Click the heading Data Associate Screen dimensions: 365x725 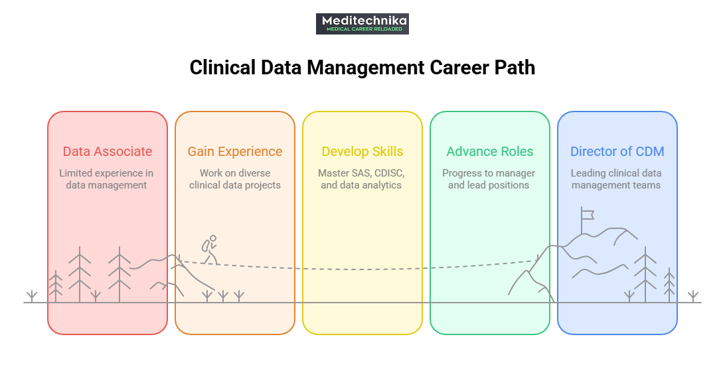108,151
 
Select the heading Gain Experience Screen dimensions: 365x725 235,151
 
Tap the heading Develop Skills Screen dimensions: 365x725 362,151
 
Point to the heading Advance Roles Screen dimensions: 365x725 490,151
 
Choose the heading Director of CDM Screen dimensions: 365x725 617,151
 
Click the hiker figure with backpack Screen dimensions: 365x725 210,250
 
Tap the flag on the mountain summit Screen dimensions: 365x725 586,215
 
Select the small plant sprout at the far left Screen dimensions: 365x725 31,296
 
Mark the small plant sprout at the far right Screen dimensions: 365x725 693,296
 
